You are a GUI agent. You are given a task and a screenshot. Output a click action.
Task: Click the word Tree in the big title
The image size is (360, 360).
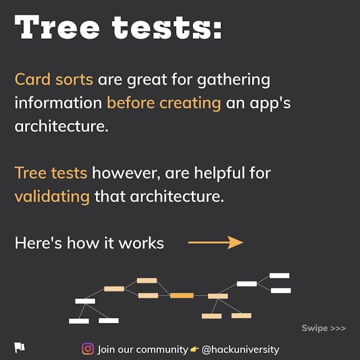pyautogui.click(x=57, y=27)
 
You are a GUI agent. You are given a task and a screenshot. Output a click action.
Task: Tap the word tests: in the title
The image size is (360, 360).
pyautogui.click(x=167, y=28)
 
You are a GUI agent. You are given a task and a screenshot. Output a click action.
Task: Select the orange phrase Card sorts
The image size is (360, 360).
pyautogui.click(x=54, y=79)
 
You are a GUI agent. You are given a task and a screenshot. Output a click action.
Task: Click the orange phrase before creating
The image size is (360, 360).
pyautogui.click(x=164, y=103)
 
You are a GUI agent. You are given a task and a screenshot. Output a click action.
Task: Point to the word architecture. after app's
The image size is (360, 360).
pyautogui.click(x=61, y=126)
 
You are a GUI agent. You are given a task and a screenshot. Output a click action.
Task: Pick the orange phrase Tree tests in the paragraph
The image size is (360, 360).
pyautogui.click(x=51, y=173)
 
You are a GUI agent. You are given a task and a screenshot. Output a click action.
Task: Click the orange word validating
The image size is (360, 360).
pyautogui.click(x=52, y=197)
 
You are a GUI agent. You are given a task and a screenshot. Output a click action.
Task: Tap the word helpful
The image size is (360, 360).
pyautogui.click(x=219, y=173)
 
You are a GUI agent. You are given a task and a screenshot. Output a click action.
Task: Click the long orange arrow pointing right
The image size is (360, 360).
pyautogui.click(x=215, y=243)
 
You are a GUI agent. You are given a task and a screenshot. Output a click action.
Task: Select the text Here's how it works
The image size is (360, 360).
pyautogui.click(x=89, y=243)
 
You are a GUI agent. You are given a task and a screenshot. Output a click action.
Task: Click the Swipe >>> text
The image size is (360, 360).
pyautogui.click(x=323, y=328)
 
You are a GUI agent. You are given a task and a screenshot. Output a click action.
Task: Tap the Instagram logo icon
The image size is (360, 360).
pyautogui.click(x=88, y=349)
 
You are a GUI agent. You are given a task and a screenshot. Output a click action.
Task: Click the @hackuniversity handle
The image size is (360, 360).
pyautogui.click(x=240, y=349)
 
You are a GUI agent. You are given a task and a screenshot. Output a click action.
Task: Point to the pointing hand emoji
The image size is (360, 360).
pyautogui.click(x=194, y=349)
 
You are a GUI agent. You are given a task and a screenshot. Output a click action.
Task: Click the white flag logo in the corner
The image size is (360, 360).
pyautogui.click(x=19, y=347)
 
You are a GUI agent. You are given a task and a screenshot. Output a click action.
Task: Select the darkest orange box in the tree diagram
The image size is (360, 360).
pyautogui.click(x=182, y=296)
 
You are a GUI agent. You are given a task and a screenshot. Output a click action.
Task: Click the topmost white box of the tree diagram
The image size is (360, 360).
pyautogui.click(x=279, y=275)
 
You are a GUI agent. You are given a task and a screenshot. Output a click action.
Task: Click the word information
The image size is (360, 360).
pyautogui.click(x=58, y=102)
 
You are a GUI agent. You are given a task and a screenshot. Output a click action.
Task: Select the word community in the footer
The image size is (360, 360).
pyautogui.click(x=162, y=349)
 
